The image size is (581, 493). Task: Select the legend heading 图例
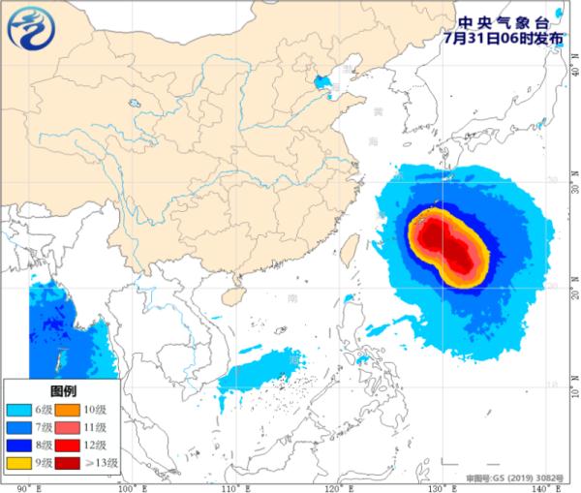tap(63, 390)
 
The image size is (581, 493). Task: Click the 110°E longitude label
tap(232, 486)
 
